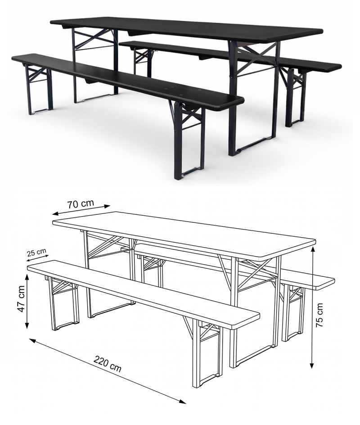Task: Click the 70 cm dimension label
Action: [x=81, y=204]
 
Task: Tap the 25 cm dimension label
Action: [x=36, y=252]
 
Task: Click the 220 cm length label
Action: [x=108, y=364]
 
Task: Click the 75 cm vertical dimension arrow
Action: [x=312, y=307]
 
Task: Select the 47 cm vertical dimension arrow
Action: [x=27, y=301]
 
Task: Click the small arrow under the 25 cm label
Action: [x=37, y=258]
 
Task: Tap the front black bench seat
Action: [x=127, y=81]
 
